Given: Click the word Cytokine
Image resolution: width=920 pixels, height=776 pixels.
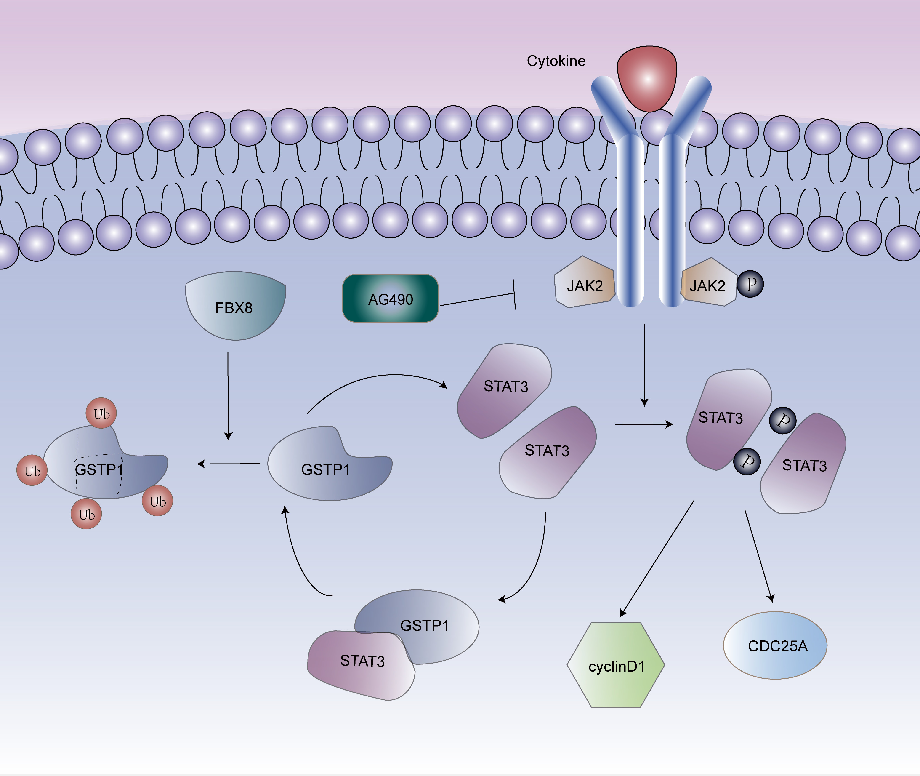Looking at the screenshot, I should point(556,61).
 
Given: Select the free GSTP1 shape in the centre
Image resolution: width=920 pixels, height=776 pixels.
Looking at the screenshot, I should point(328,466).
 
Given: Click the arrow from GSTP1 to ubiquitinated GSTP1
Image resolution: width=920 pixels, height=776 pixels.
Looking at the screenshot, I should point(229,464).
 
